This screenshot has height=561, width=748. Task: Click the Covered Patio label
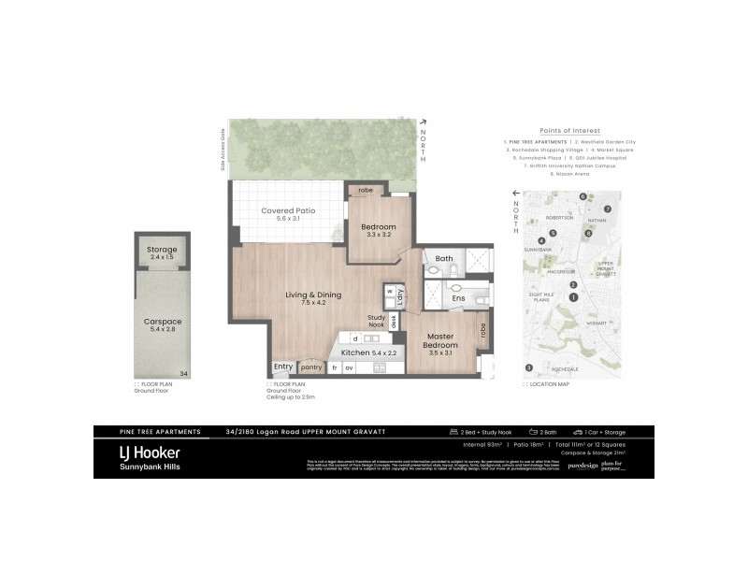[287, 211]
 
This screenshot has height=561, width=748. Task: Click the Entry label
[282, 367]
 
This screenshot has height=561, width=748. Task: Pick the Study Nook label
[377, 320]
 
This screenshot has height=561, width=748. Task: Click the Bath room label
[443, 258]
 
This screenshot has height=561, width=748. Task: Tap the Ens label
[458, 298]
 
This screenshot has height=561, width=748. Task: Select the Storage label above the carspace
[163, 250]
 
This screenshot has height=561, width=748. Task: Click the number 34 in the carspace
[183, 373]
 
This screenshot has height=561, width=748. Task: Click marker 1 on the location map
[572, 297]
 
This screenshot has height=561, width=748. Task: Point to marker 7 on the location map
[607, 209]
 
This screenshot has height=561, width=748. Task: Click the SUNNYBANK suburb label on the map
[538, 250]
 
